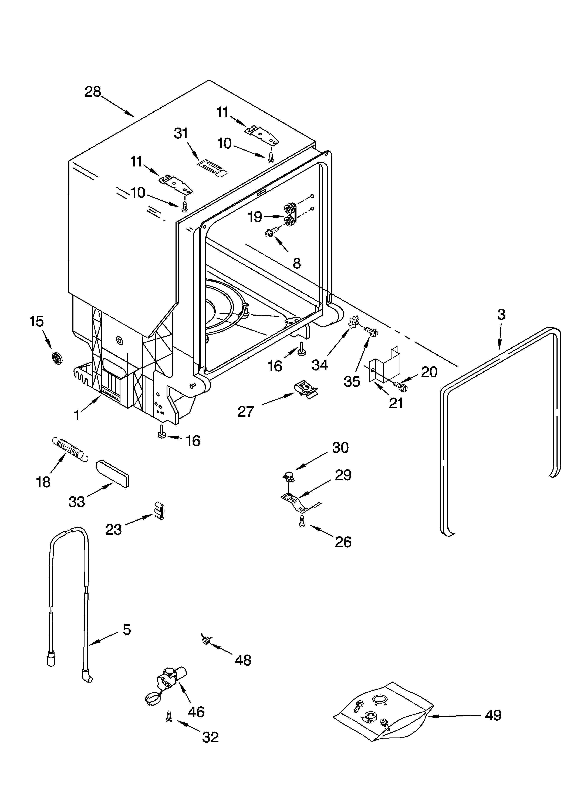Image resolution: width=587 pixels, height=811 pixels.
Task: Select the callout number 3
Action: pyautogui.click(x=501, y=315)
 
